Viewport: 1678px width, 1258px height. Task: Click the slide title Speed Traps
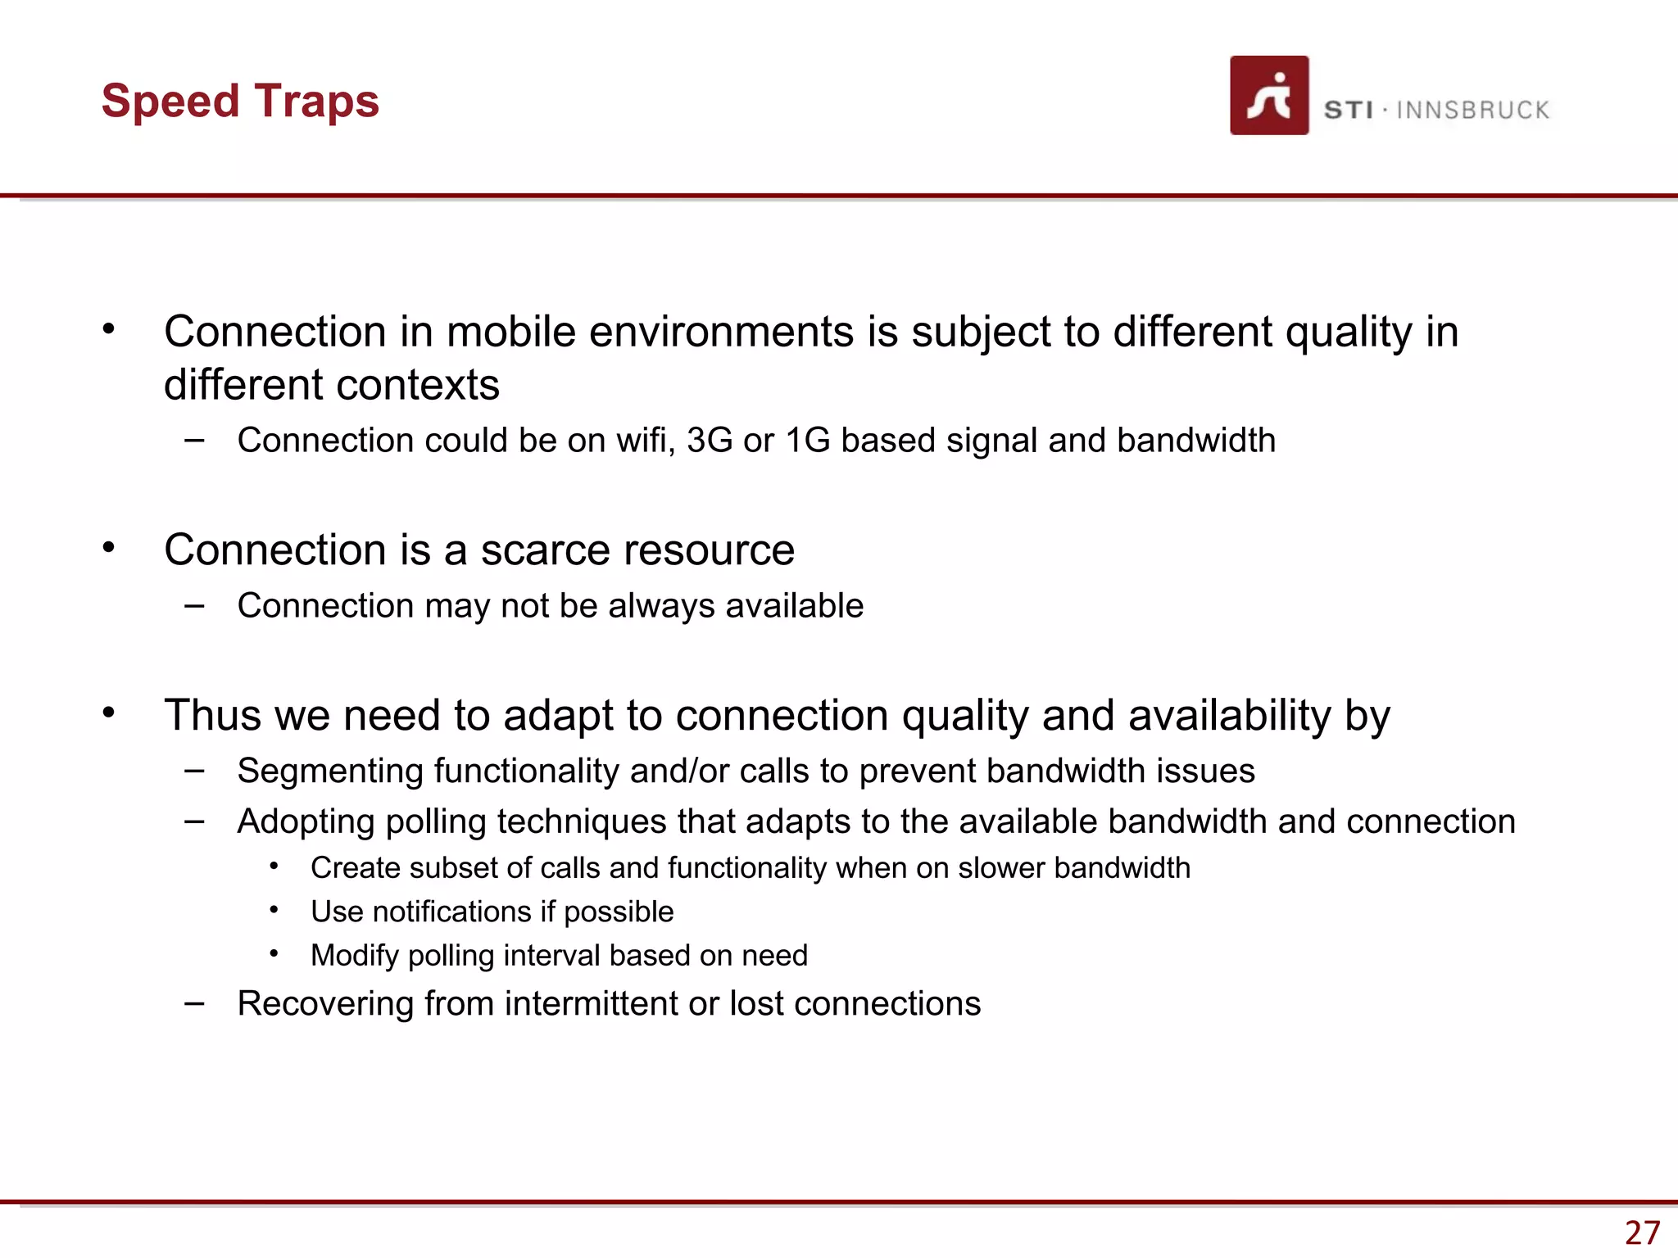point(240,102)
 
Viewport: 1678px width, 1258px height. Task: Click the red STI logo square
point(1268,96)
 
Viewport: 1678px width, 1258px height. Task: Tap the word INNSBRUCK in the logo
point(1472,111)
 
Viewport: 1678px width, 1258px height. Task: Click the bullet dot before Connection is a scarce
point(108,547)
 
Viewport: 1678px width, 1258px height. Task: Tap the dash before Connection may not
point(194,606)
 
